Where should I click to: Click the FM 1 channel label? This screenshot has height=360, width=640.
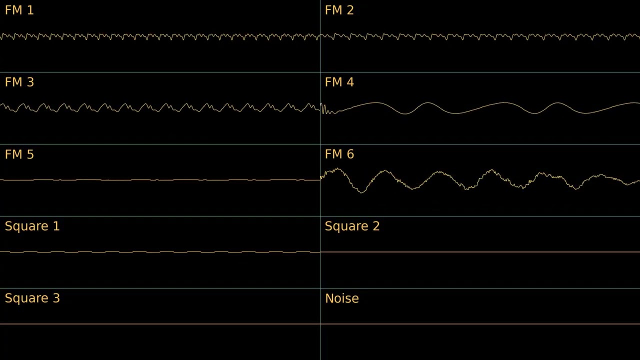coord(19,10)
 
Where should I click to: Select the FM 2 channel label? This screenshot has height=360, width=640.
coord(339,10)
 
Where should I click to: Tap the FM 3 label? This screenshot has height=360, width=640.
coord(19,82)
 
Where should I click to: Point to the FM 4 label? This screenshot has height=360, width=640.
coord(339,82)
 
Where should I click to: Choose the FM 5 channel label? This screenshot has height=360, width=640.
coord(19,154)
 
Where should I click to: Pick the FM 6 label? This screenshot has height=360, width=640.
coord(339,154)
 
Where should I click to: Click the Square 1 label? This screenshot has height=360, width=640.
coord(32,226)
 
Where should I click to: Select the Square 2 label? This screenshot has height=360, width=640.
coord(352,226)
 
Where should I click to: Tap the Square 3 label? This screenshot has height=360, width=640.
coord(32,298)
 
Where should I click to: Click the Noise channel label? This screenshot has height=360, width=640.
coord(341,298)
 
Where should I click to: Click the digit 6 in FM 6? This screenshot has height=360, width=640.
coord(350,154)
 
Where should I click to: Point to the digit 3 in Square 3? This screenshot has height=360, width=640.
coord(56,298)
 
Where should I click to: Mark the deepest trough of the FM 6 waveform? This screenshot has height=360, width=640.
coord(361,192)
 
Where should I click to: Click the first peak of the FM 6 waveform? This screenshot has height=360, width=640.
coord(337,169)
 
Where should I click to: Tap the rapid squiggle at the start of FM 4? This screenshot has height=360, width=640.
coord(325,109)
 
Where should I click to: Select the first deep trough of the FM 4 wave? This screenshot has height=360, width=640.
coord(405,113)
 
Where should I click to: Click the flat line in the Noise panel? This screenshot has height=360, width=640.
coord(480,324)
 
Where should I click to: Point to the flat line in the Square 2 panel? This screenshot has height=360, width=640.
coord(480,252)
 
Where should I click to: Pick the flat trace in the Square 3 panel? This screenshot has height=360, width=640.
coord(160,324)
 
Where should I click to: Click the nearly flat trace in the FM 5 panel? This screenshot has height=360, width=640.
coord(160,180)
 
